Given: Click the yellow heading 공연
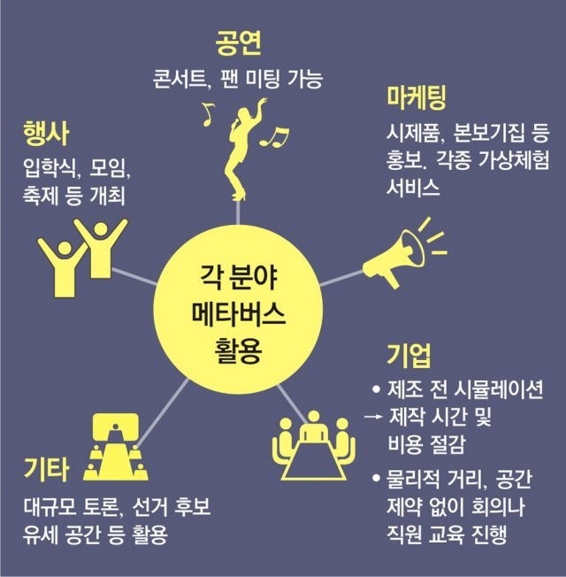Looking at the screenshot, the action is coord(239,43).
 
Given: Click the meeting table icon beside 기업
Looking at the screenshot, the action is coord(314,442).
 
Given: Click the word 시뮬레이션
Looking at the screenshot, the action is coord(496,389).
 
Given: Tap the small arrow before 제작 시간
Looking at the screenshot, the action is coord(375,416).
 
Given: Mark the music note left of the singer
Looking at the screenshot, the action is coord(208,112).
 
